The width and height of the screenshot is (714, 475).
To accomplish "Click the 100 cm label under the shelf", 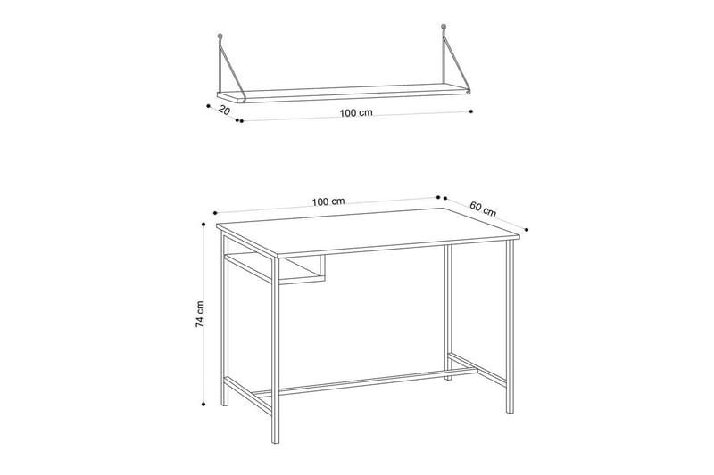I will [356, 112].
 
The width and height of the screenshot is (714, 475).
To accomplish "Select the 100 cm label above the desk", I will [328, 201].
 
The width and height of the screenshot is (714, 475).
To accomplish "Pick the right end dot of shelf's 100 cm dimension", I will [469, 111].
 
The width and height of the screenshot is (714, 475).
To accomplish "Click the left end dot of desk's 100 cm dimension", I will [215, 213].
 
